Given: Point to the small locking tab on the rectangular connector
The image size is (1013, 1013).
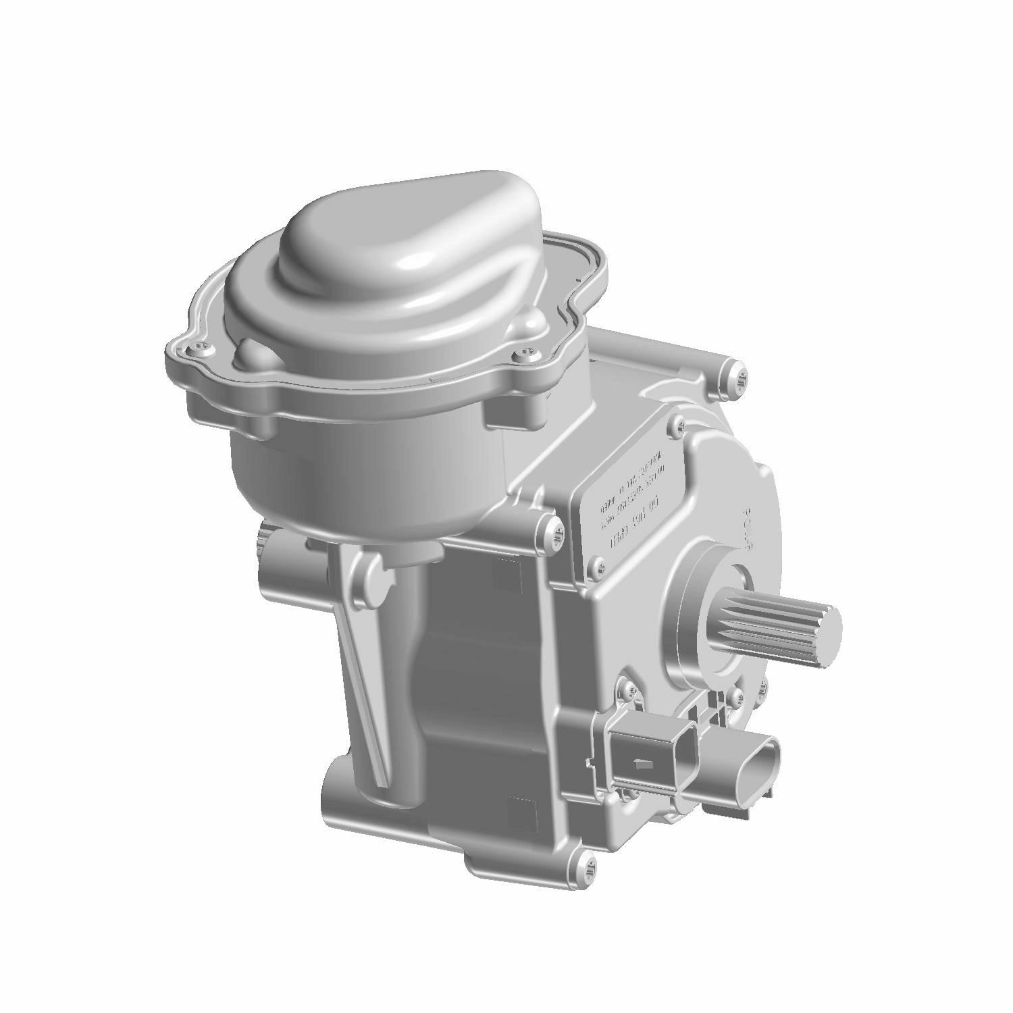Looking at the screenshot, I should point(642,765).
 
